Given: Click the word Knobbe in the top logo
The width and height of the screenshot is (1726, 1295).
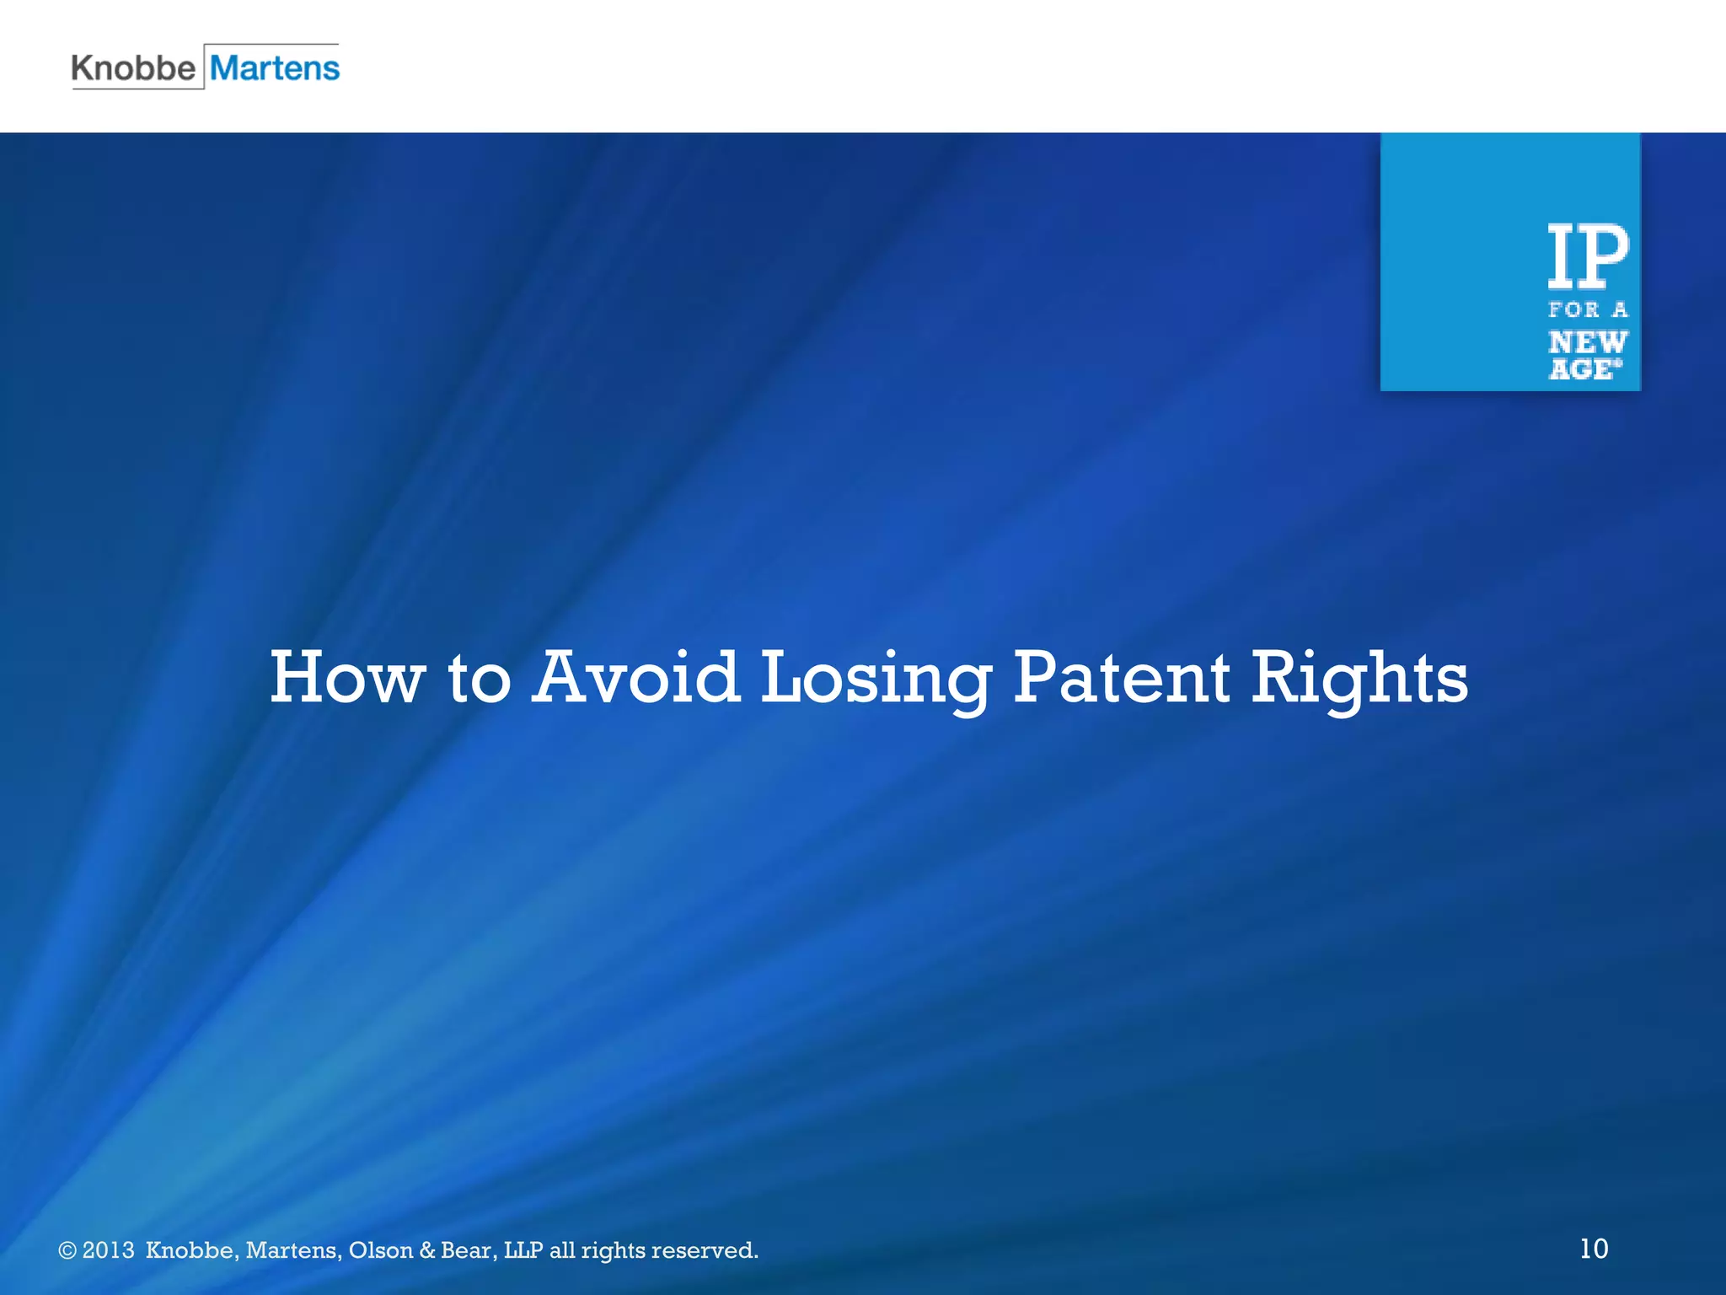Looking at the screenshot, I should [133, 67].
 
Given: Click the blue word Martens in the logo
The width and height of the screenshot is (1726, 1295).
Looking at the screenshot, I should [275, 67].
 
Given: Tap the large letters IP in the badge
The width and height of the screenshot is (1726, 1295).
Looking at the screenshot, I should [1588, 256].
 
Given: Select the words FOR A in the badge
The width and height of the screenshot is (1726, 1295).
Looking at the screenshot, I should [1588, 310].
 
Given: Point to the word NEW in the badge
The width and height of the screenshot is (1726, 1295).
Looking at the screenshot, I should [1588, 342].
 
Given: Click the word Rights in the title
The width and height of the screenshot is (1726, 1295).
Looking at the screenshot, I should [1359, 680].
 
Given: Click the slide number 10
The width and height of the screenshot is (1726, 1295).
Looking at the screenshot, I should [1594, 1249].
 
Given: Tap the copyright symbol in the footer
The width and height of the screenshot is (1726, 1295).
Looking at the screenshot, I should [67, 1250].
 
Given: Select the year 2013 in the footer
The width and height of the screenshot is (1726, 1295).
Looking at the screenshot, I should [108, 1249].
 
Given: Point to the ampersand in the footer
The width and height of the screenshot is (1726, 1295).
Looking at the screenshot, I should [427, 1249].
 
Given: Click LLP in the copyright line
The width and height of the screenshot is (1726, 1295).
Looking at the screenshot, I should [523, 1249].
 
